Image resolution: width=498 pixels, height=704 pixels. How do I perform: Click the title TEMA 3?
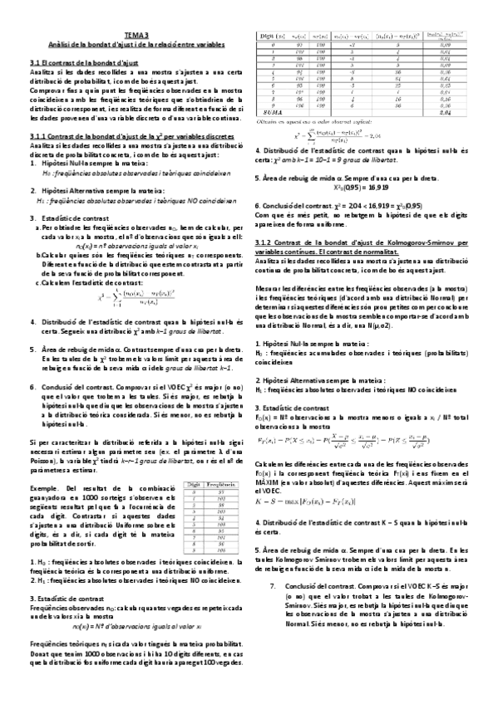(x=135, y=35)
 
